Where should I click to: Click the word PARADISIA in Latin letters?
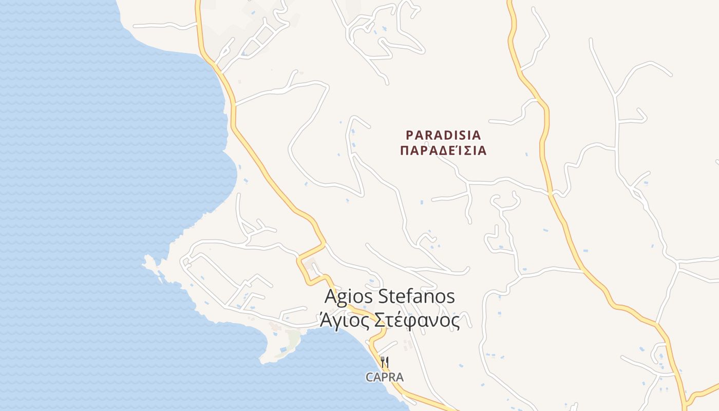(x=443, y=135)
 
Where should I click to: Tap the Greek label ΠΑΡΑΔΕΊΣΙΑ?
(x=443, y=151)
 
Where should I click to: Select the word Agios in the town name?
(x=349, y=297)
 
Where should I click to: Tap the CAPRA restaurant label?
(x=384, y=377)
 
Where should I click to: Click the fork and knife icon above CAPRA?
(x=384, y=362)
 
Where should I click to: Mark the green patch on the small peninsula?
(x=293, y=338)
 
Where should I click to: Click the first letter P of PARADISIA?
(x=410, y=135)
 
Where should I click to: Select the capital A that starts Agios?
(x=330, y=296)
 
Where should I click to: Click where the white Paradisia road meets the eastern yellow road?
(x=551, y=194)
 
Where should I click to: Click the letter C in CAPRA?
(x=369, y=377)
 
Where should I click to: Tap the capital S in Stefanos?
(x=383, y=296)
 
